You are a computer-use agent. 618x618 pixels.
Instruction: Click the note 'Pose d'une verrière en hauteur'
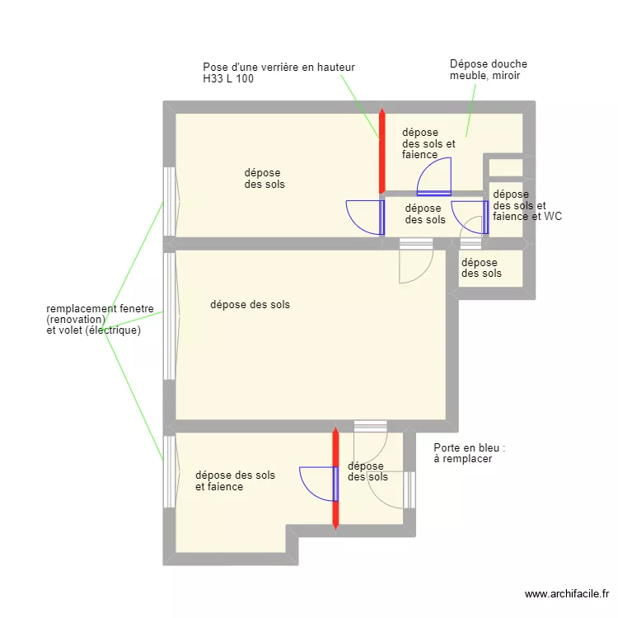(x=279, y=68)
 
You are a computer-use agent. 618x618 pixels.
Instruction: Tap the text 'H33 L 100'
(x=228, y=78)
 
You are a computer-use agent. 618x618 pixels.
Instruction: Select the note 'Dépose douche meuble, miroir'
(x=489, y=69)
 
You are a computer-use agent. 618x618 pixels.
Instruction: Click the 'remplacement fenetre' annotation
(x=100, y=308)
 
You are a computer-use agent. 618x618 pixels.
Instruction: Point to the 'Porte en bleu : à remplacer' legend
(x=470, y=453)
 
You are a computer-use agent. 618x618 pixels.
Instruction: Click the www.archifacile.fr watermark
(x=567, y=593)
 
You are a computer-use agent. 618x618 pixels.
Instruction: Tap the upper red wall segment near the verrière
(x=382, y=152)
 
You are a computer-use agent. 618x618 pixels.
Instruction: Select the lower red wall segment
(x=336, y=479)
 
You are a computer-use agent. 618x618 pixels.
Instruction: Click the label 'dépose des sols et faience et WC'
(x=527, y=205)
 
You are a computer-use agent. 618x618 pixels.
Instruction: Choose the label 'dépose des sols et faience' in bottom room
(x=236, y=481)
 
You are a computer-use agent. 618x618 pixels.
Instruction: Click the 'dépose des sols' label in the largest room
(x=250, y=304)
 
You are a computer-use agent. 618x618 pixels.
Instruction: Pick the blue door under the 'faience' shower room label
(x=434, y=176)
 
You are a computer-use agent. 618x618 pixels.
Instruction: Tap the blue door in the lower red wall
(x=319, y=484)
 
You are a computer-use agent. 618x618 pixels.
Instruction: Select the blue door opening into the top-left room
(x=365, y=218)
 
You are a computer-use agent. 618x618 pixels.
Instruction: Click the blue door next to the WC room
(x=470, y=218)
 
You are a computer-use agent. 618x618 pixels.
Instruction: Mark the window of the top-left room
(x=170, y=201)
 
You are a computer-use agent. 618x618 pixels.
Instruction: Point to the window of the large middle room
(x=170, y=316)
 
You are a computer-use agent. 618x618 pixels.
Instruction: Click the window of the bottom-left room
(x=170, y=472)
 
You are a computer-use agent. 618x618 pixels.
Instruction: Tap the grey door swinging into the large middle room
(x=416, y=261)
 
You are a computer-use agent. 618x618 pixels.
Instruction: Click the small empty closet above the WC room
(x=506, y=168)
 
